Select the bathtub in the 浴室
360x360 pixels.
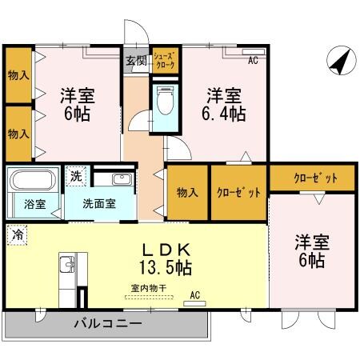point(33,183)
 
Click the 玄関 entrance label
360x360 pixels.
point(135,59)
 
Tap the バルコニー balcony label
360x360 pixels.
point(108,324)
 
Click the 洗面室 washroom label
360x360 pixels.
point(100,202)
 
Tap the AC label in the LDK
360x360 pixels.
point(194,294)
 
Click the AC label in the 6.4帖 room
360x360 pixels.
point(252,60)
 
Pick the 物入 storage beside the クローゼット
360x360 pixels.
point(187,192)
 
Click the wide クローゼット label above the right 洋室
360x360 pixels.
point(313,178)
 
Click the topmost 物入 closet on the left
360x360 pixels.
point(18,76)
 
